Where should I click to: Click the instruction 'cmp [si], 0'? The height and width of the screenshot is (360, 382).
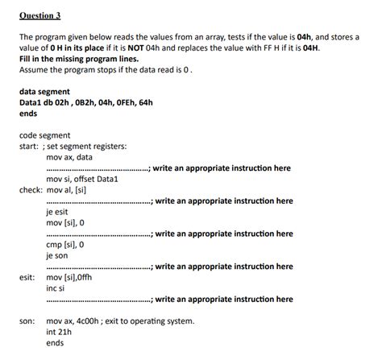[x=65, y=244]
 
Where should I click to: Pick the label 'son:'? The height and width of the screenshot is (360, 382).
[x=27, y=321]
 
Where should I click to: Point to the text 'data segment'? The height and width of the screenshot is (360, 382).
[x=44, y=91]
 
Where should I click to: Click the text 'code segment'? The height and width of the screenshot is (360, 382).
[x=44, y=135]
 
